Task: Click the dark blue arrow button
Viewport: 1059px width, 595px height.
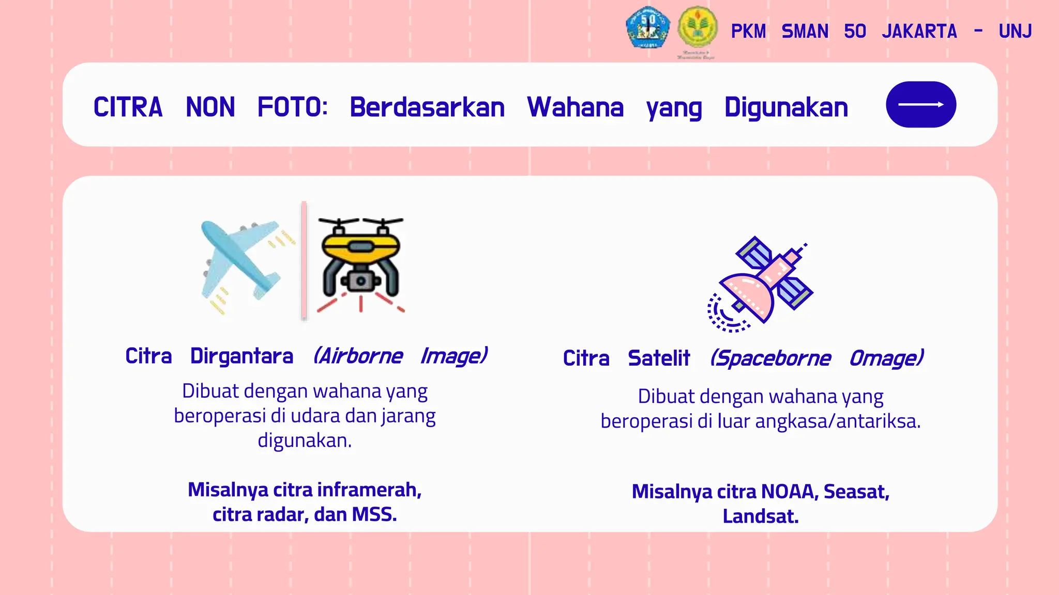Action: [920, 104]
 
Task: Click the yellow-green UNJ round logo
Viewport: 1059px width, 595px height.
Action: [698, 28]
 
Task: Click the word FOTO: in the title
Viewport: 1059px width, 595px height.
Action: [293, 107]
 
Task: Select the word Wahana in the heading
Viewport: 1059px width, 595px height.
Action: [575, 107]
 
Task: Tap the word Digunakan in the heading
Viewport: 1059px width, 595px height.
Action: [786, 107]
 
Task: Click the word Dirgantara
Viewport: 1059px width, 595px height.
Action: [241, 356]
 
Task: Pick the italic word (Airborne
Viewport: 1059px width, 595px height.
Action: [358, 356]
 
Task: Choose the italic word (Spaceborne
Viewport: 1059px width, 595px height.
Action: [770, 358]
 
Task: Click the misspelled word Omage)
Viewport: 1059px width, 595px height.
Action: [886, 358]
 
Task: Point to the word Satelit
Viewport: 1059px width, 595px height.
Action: [659, 358]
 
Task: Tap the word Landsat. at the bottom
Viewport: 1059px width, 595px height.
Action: [760, 516]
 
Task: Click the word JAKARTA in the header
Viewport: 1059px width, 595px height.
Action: [919, 32]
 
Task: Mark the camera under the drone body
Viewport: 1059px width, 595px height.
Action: [361, 281]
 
